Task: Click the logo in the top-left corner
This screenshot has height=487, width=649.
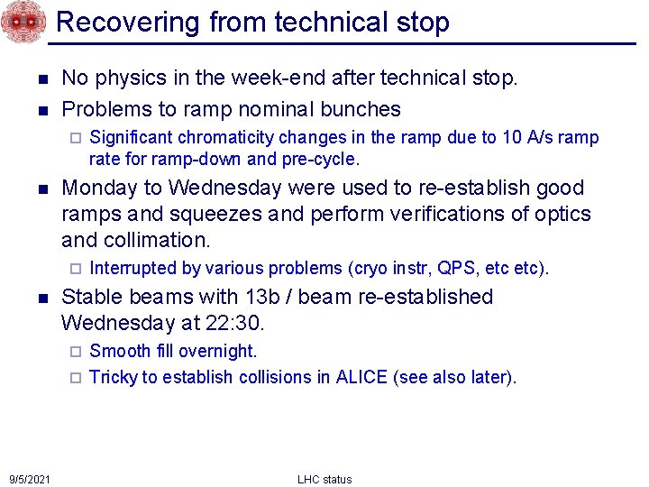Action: coord(23,23)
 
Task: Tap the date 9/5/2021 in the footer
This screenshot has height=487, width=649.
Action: coord(30,478)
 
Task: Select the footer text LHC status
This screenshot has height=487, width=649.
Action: coord(324,479)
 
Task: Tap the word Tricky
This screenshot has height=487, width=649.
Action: coord(112,377)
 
